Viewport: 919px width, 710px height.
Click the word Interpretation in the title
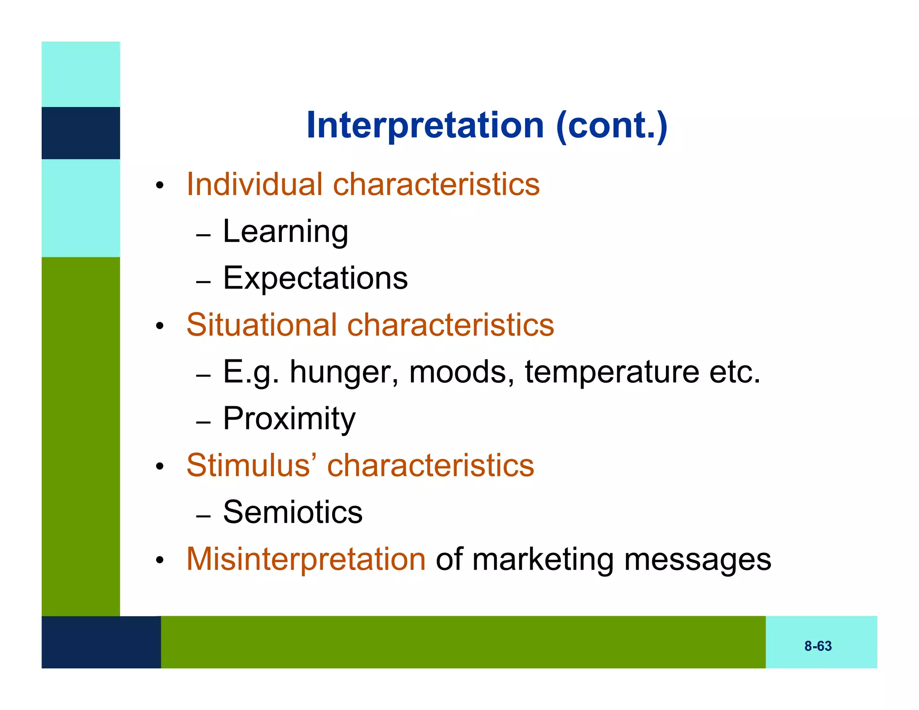pyautogui.click(x=425, y=126)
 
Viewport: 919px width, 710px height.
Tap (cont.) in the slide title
pyautogui.click(x=612, y=126)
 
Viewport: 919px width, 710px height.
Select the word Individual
pyautogui.click(x=254, y=184)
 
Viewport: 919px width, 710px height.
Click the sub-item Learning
pyautogui.click(x=285, y=232)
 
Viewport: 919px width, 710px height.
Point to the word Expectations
pyautogui.click(x=315, y=278)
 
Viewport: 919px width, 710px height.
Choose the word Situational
pyautogui.click(x=262, y=325)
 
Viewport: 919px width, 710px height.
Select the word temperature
pyautogui.click(x=612, y=373)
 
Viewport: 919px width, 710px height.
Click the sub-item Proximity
pyautogui.click(x=289, y=419)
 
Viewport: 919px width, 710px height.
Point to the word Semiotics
pyautogui.click(x=293, y=512)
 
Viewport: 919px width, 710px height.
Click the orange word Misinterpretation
pyautogui.click(x=306, y=559)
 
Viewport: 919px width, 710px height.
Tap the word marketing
pyautogui.click(x=543, y=560)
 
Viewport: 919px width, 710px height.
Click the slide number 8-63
pyautogui.click(x=818, y=646)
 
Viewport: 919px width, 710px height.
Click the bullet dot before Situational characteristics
pyautogui.click(x=159, y=326)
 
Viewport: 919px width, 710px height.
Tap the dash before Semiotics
pyautogui.click(x=203, y=517)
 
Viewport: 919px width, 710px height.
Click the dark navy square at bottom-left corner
pyautogui.click(x=101, y=642)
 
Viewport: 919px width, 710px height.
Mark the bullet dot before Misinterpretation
pyautogui.click(x=159, y=561)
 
